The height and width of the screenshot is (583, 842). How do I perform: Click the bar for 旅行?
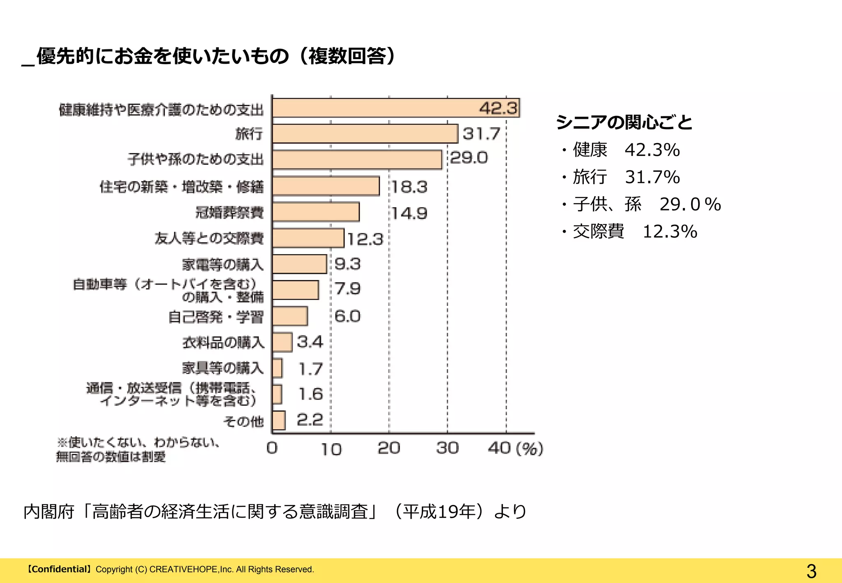point(365,134)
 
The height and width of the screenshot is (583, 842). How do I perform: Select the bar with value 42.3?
point(396,108)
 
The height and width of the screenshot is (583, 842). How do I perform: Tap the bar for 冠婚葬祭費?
point(316,212)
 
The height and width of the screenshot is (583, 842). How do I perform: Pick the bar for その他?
point(279,420)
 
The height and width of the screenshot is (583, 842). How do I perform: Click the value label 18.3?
point(409,187)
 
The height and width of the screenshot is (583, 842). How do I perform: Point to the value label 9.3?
point(347,264)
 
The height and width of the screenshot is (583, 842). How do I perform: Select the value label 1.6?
point(311,394)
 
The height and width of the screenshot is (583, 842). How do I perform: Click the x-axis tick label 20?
point(389,448)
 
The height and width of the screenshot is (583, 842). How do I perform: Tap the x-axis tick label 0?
point(272,448)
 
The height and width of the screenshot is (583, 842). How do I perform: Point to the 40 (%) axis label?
point(516,448)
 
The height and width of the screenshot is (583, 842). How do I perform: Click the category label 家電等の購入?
point(223,264)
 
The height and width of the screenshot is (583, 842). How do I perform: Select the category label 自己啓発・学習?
point(216,317)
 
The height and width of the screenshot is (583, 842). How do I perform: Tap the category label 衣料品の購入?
point(223,342)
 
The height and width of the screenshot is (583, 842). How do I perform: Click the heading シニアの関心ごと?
point(624,122)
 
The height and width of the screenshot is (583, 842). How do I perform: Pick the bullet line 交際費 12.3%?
point(629,231)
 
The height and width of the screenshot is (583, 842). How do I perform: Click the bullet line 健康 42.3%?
point(621,150)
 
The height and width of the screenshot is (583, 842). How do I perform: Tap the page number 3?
point(811,571)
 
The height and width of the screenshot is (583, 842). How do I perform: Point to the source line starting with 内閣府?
point(275,512)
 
